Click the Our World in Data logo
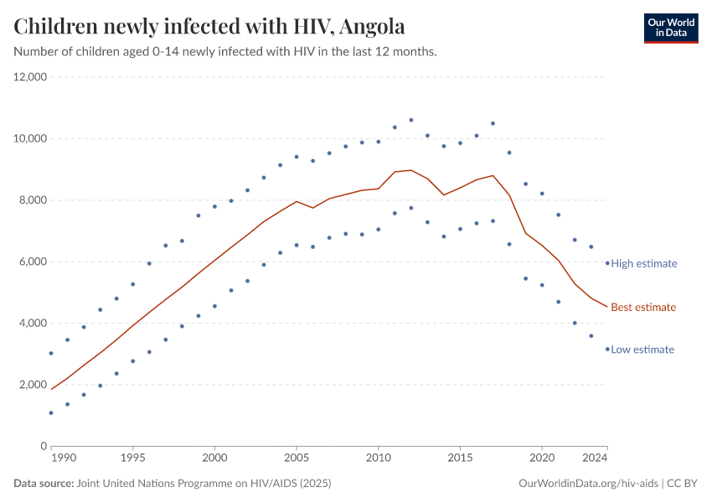pos(670,28)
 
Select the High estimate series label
pos(643,263)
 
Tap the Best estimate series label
pos(642,308)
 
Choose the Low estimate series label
pos(642,350)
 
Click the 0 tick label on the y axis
pos(43,446)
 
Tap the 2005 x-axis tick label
pos(297,459)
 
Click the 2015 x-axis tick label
pos(460,459)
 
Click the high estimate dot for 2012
pos(411,120)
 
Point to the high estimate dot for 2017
pos(493,123)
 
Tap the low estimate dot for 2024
pos(607,349)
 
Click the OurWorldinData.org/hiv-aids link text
pos(589,484)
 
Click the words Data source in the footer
pos(44,484)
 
